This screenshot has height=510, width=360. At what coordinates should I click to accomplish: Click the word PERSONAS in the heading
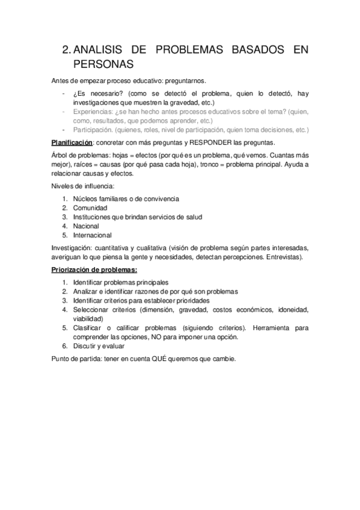[103, 63]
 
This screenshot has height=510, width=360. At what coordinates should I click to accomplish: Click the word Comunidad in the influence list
[90, 207]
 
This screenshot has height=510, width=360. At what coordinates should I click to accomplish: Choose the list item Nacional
[86, 226]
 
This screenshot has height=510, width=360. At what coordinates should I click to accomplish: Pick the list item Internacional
[92, 235]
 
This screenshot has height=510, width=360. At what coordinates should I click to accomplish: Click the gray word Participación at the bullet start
[94, 129]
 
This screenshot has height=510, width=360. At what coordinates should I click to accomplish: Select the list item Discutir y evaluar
[99, 346]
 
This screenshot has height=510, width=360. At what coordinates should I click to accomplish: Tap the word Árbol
[61, 156]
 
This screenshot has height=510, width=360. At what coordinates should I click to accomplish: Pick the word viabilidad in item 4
[88, 319]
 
